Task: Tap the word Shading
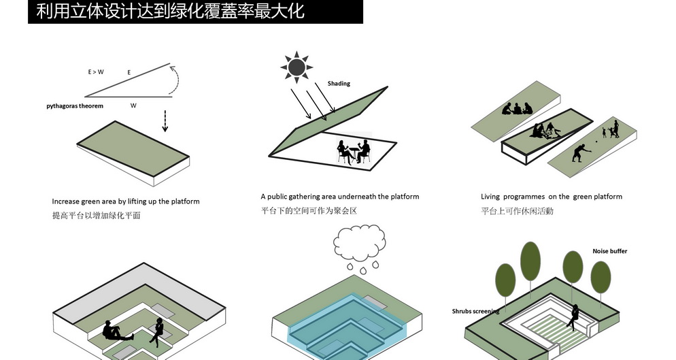click(x=339, y=84)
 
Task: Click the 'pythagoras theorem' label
click(x=75, y=106)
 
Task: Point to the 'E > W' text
click(x=96, y=71)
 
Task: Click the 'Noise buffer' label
click(x=609, y=251)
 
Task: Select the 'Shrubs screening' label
click(x=476, y=311)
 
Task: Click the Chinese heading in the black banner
click(x=171, y=12)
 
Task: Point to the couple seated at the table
click(x=354, y=150)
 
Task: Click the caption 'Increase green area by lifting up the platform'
click(x=126, y=201)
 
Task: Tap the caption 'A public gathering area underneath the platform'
click(x=339, y=197)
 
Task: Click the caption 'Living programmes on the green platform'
click(x=551, y=197)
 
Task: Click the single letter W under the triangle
click(x=133, y=106)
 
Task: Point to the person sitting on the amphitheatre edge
click(x=575, y=314)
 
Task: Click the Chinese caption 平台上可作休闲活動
click(x=517, y=211)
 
